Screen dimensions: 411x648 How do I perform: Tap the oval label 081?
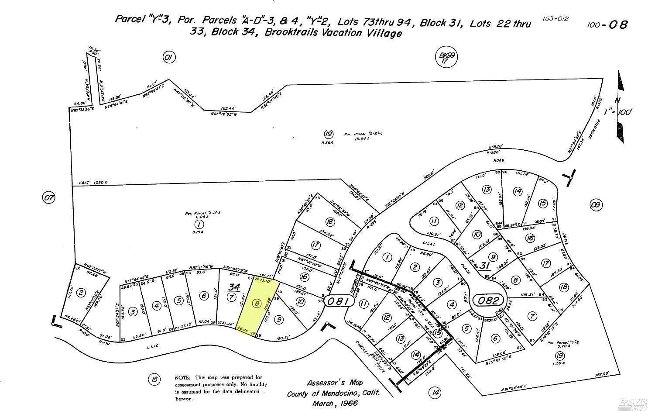coord(338,301)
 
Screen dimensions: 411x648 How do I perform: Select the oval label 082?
coord(490,300)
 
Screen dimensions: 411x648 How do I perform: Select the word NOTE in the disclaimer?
coord(183,377)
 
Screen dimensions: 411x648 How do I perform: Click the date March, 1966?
coord(335,403)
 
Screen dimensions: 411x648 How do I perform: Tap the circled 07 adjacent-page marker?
coord(49,198)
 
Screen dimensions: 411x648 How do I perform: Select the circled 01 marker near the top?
coord(169,57)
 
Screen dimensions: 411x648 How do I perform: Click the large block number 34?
coord(234,287)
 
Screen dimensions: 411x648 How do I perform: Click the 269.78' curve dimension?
coord(496,147)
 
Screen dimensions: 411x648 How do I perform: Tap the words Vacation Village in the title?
coord(364,33)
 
